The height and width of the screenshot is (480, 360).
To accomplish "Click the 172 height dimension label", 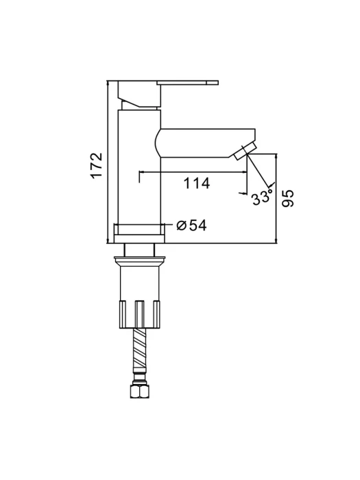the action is pyautogui.click(x=96, y=165).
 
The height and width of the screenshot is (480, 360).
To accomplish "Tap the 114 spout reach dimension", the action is pyautogui.click(x=197, y=183).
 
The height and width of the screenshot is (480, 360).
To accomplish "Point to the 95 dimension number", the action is pyautogui.click(x=287, y=198).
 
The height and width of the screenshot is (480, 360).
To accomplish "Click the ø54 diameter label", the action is pyautogui.click(x=192, y=226).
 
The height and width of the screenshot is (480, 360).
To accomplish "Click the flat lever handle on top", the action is pyautogui.click(x=187, y=82).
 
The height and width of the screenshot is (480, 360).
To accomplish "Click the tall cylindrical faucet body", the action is pyautogui.click(x=139, y=167).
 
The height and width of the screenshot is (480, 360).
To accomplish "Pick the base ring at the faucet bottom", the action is pyautogui.click(x=139, y=234).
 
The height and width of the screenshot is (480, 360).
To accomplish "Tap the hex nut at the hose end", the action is pyautogui.click(x=140, y=390).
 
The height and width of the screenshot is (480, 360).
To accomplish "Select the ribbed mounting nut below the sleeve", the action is pyautogui.click(x=140, y=314).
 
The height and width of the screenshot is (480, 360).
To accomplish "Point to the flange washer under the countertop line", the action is pyautogui.click(x=139, y=260).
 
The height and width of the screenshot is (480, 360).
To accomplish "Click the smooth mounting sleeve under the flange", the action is pyautogui.click(x=140, y=283).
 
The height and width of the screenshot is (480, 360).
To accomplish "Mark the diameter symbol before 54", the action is pyautogui.click(x=182, y=226).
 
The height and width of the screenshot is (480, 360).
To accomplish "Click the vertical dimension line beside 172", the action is pyautogui.click(x=108, y=162).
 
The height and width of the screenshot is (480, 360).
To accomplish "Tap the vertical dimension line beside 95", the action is pyautogui.click(x=276, y=199).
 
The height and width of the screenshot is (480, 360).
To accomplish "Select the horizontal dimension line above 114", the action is pyautogui.click(x=193, y=171).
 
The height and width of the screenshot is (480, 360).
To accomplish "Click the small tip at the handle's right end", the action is pyautogui.click(x=213, y=82).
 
